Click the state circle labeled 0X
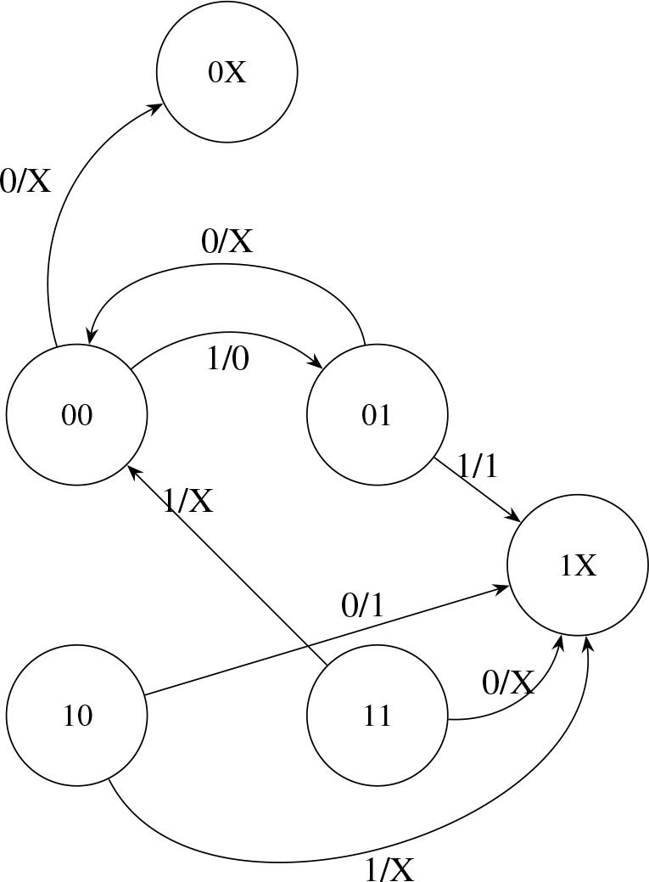pyautogui.click(x=227, y=72)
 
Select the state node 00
pyautogui.click(x=76, y=415)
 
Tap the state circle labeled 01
pyautogui.click(x=377, y=415)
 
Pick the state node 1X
pyautogui.click(x=578, y=565)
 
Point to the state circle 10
pyautogui.click(x=76, y=716)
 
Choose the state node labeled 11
pyautogui.click(x=377, y=716)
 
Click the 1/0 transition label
pyautogui.click(x=228, y=359)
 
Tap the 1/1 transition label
pyautogui.click(x=478, y=465)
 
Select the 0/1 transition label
pyautogui.click(x=362, y=605)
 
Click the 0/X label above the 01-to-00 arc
pyautogui.click(x=227, y=242)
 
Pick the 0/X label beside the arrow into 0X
pyautogui.click(x=25, y=180)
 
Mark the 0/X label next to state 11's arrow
pyautogui.click(x=508, y=683)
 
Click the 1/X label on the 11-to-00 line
pyautogui.click(x=187, y=501)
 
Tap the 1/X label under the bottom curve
pyautogui.click(x=389, y=869)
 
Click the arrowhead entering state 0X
pyautogui.click(x=157, y=108)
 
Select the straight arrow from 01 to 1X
pyautogui.click(x=477, y=490)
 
